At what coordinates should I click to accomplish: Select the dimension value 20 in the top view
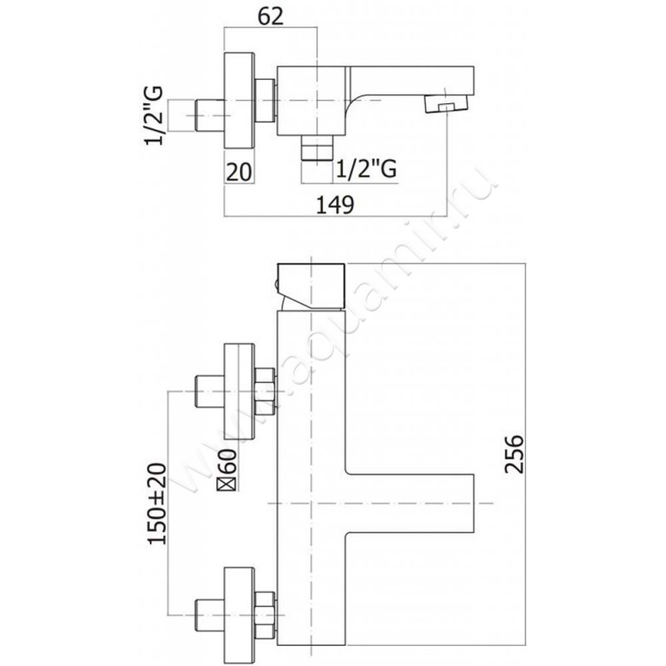[239, 171]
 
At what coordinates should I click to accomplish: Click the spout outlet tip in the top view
[443, 105]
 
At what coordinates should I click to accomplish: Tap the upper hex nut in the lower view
[266, 391]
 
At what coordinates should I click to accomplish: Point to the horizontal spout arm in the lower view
[408, 504]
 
